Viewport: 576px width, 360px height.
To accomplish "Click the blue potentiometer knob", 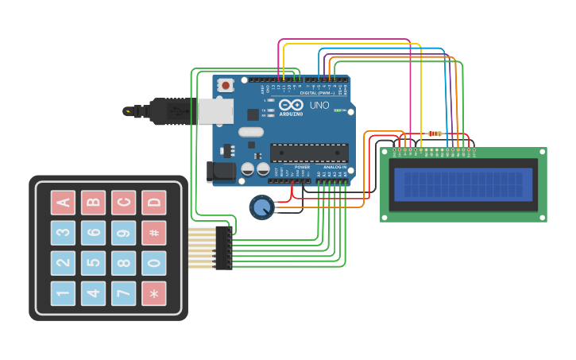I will point(261,207).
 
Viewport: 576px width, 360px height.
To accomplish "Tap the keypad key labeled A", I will point(63,203).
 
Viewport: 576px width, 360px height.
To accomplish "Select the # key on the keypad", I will point(154,233).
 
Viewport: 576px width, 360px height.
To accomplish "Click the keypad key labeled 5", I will point(93,263).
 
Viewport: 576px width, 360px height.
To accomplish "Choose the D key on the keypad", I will point(154,203).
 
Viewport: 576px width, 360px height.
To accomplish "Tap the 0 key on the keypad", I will point(154,263).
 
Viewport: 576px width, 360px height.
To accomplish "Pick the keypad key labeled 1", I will point(63,293).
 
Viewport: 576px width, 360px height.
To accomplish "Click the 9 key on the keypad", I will point(123,233).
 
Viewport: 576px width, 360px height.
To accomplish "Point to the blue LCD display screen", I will point(463,184).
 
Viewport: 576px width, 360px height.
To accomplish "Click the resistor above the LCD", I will point(435,134).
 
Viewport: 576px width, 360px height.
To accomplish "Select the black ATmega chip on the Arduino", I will point(309,153).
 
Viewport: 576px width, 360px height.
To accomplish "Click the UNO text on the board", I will point(319,105).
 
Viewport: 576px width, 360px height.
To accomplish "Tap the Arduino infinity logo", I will point(291,105).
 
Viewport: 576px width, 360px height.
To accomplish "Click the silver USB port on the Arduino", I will point(216,111).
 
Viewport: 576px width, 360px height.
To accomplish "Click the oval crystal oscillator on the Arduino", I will point(249,133).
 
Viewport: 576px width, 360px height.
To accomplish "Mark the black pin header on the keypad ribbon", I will point(223,248).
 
